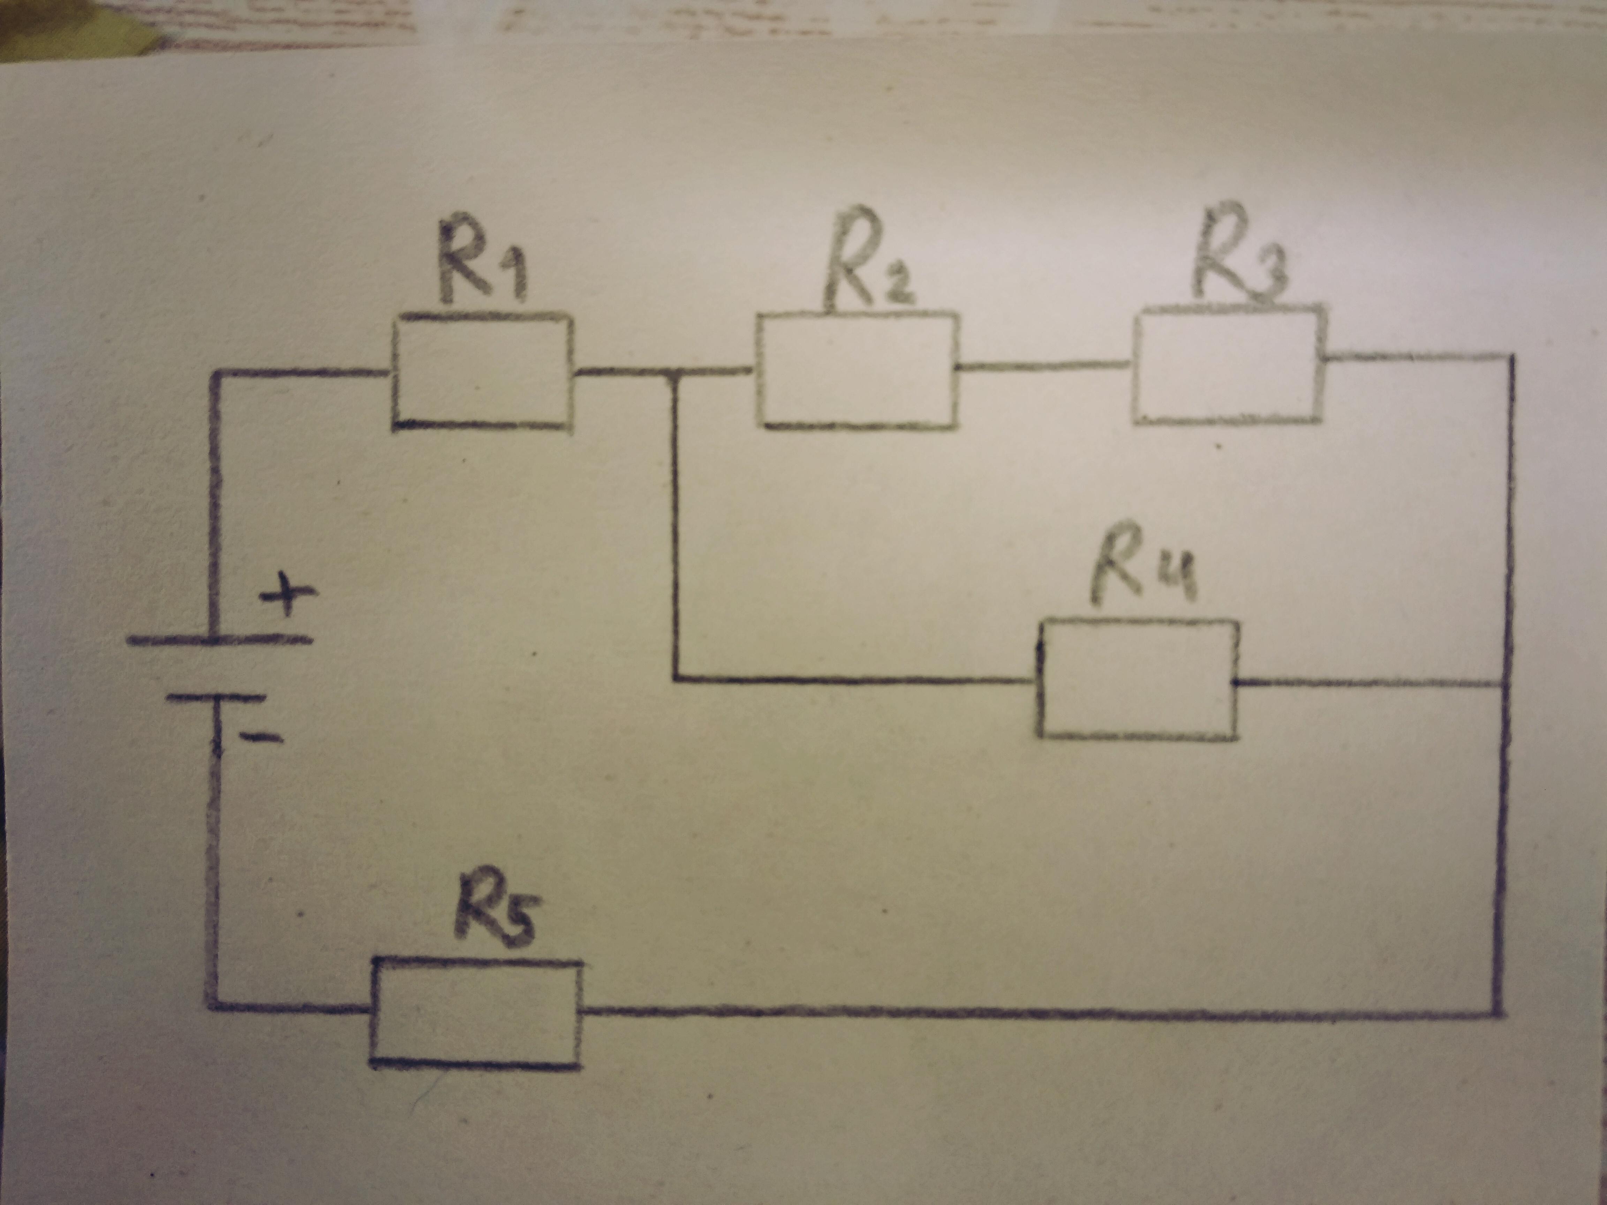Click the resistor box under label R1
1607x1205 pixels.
point(482,372)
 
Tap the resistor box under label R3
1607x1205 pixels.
point(1228,365)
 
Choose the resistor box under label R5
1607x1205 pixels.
point(476,1013)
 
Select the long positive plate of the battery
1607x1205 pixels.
point(220,641)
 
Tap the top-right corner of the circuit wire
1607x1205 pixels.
point(1512,356)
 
